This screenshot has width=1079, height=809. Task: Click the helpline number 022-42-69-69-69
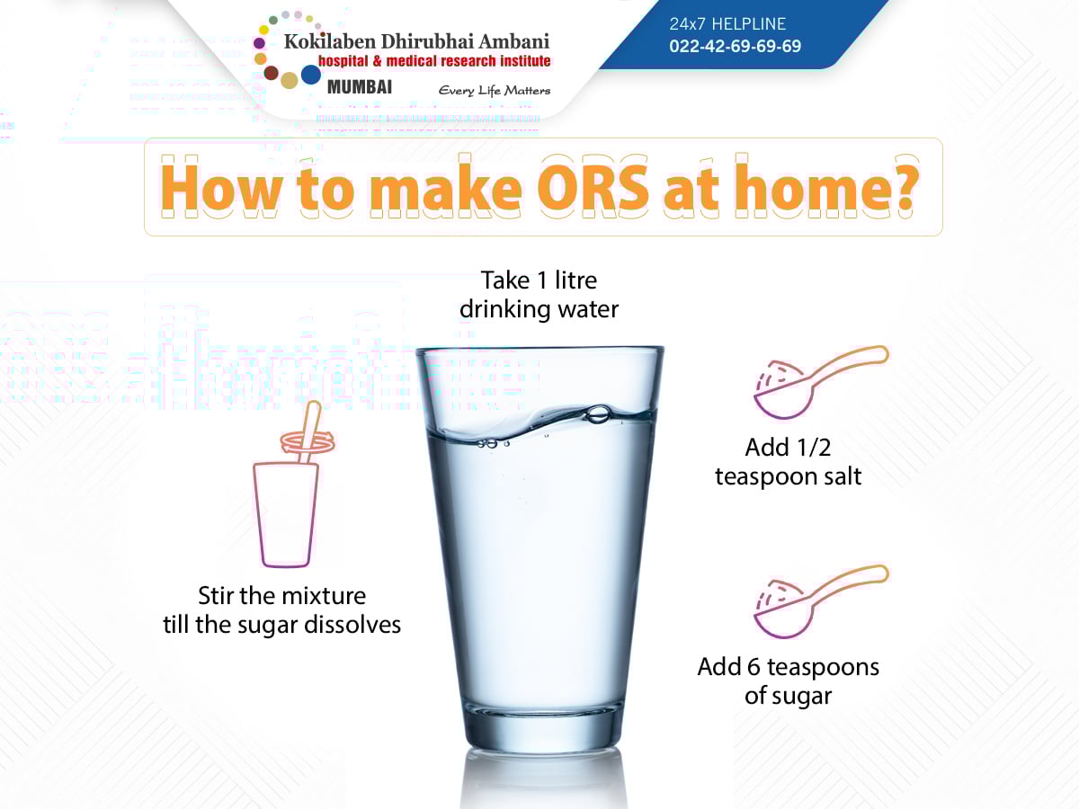point(735,46)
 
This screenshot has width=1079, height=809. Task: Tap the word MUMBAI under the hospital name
point(360,87)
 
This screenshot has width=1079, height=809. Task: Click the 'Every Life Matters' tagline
point(494,91)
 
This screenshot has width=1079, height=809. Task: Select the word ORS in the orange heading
point(593,189)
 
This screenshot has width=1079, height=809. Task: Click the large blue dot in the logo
point(311,75)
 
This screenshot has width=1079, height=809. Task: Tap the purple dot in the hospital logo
point(260,43)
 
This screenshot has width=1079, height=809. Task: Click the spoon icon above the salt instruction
point(821,382)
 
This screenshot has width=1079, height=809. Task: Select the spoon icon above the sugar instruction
point(821,601)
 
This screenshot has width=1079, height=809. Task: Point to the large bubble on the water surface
point(598,414)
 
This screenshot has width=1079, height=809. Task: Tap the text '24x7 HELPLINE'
point(727,24)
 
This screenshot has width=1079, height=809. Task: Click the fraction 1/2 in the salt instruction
point(814,448)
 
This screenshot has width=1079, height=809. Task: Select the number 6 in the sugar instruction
point(754,667)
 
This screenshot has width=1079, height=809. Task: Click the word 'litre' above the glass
point(575,280)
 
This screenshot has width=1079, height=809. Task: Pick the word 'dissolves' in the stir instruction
point(352,625)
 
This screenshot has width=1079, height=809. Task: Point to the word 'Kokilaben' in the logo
point(330,41)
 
